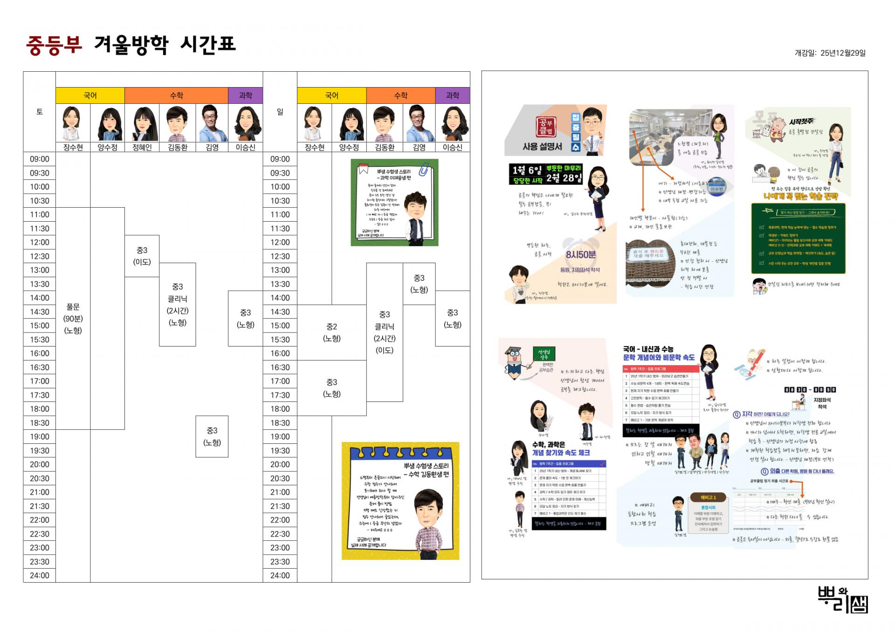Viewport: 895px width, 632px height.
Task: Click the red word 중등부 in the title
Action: pos(54,45)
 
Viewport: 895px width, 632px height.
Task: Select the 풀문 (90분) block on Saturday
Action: pos(73,319)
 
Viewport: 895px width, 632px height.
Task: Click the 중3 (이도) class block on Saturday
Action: pos(142,256)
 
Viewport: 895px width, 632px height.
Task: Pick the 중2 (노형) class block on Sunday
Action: pos(331,333)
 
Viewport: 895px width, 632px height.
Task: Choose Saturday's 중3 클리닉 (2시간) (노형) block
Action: pos(178,305)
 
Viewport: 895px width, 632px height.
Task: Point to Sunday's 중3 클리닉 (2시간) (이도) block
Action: pos(385,333)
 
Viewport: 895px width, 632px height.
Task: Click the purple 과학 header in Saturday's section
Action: pos(245,95)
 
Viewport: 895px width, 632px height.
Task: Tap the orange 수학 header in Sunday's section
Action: pos(401,95)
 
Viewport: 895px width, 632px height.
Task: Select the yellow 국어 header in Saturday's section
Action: pos(90,95)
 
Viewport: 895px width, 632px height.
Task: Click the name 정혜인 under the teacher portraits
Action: pos(142,147)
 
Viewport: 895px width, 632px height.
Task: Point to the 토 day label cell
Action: pos(40,112)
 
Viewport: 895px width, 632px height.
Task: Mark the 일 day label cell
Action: pos(280,112)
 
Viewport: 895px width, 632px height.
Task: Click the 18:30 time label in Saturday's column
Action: pos(40,423)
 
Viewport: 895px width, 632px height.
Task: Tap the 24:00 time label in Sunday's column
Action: pos(280,576)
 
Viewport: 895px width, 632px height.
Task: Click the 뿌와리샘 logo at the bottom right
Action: pos(843,599)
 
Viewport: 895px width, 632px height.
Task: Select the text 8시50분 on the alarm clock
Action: pos(580,255)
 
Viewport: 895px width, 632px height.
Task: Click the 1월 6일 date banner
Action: pos(527,170)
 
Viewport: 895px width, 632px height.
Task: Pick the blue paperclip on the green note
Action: pos(424,169)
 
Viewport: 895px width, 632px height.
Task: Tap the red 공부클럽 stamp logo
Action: pos(546,126)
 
